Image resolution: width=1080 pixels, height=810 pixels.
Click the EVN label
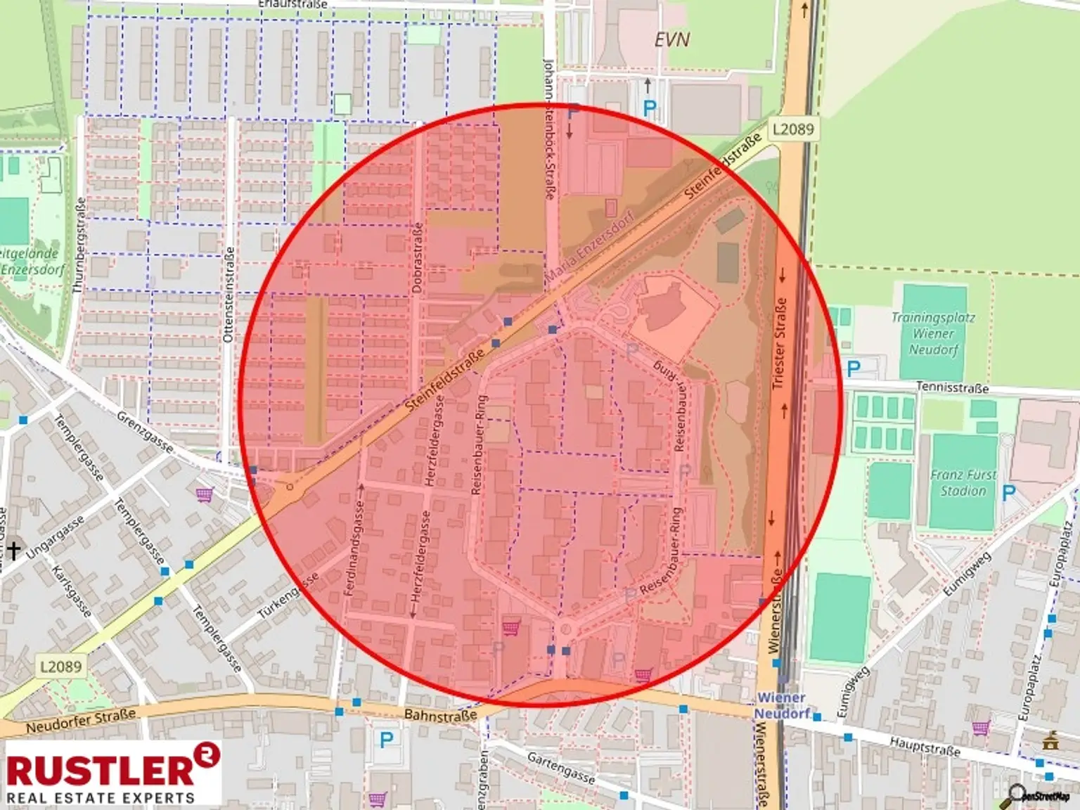coord(672,40)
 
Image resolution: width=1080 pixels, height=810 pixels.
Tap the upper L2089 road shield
coord(792,129)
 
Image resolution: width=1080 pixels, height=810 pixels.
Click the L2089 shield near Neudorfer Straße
coord(60,666)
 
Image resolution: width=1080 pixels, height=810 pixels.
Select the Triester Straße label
coord(779,343)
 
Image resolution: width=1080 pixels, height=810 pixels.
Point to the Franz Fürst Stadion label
coord(963,483)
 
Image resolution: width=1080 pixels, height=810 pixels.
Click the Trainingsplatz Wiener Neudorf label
coord(933,333)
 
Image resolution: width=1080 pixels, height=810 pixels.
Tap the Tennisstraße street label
coord(952,387)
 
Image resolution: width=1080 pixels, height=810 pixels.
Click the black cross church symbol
coord(13,549)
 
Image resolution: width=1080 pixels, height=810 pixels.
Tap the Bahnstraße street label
coord(440,716)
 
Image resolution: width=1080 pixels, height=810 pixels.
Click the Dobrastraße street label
coord(417,257)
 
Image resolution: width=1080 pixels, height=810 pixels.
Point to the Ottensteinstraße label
coord(228,294)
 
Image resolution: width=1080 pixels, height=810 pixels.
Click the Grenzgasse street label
coord(145,431)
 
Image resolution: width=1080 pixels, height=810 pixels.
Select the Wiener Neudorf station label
coord(781,705)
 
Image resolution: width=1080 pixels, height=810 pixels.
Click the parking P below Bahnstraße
coord(386,739)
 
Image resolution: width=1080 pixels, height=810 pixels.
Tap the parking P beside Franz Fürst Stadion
coord(1009,493)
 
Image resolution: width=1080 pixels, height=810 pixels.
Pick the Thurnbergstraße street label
coord(79,245)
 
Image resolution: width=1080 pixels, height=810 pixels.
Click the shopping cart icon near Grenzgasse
coord(205,495)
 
